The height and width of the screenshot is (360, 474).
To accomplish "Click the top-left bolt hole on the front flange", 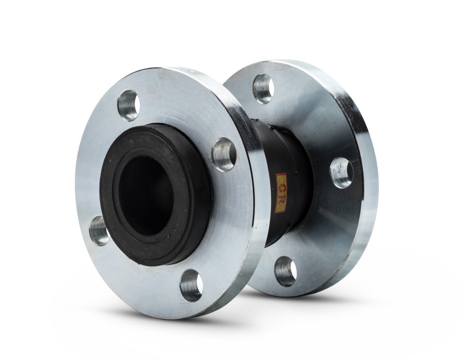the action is [129, 106].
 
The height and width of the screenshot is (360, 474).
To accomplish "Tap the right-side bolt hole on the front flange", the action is [224, 155].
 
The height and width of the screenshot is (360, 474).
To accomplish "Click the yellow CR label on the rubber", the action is [281, 193].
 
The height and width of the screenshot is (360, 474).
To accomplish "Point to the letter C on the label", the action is [281, 187].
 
